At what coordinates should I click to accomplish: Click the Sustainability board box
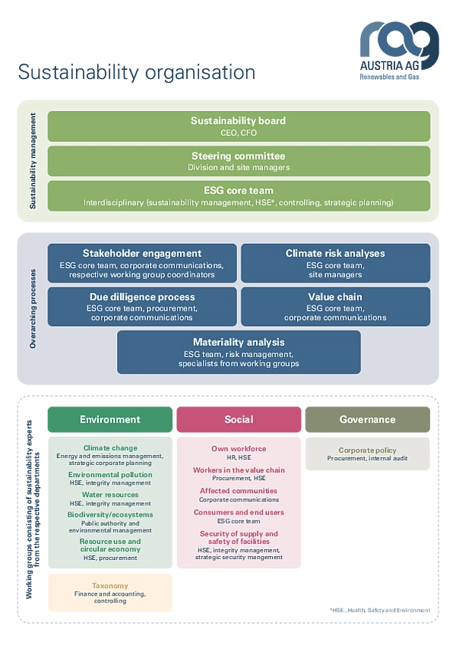[239, 126]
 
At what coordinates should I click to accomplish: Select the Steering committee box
[239, 161]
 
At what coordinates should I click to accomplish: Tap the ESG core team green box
[239, 196]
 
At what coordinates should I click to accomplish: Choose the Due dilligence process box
[141, 306]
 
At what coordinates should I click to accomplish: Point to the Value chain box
[335, 306]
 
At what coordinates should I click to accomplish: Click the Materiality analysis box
[239, 352]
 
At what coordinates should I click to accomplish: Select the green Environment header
[109, 419]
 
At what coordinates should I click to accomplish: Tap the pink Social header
[239, 419]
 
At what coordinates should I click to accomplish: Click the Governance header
[367, 419]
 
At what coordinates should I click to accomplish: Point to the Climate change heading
[110, 448]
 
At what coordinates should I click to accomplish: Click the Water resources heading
[110, 495]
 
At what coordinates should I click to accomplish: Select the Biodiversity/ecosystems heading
[110, 514]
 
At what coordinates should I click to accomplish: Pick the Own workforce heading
[239, 449]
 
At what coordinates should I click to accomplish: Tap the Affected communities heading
[239, 491]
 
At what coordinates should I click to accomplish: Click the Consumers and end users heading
[239, 512]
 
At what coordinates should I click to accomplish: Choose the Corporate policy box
[367, 454]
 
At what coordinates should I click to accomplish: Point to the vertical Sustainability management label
[33, 160]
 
